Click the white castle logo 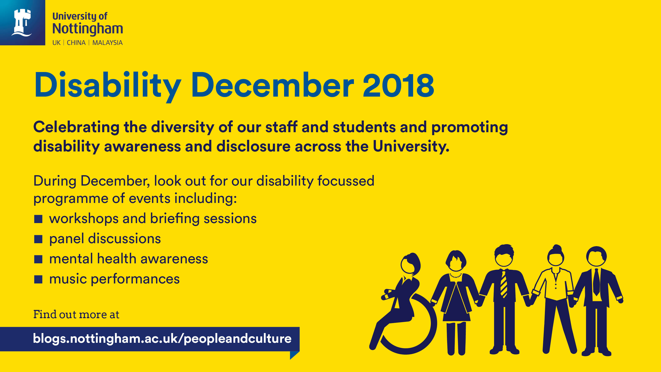click(x=22, y=23)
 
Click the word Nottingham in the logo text click(x=88, y=29)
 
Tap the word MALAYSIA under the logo click(x=107, y=43)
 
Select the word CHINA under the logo click(x=76, y=43)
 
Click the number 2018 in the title click(x=398, y=85)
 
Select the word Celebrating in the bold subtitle click(x=76, y=128)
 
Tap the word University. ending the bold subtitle click(x=411, y=146)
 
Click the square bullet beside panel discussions click(x=38, y=239)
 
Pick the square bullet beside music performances click(x=38, y=279)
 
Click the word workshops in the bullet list click(x=84, y=219)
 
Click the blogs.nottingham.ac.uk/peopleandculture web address click(x=162, y=339)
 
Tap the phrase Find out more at click(x=76, y=314)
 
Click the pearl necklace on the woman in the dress click(x=456, y=276)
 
